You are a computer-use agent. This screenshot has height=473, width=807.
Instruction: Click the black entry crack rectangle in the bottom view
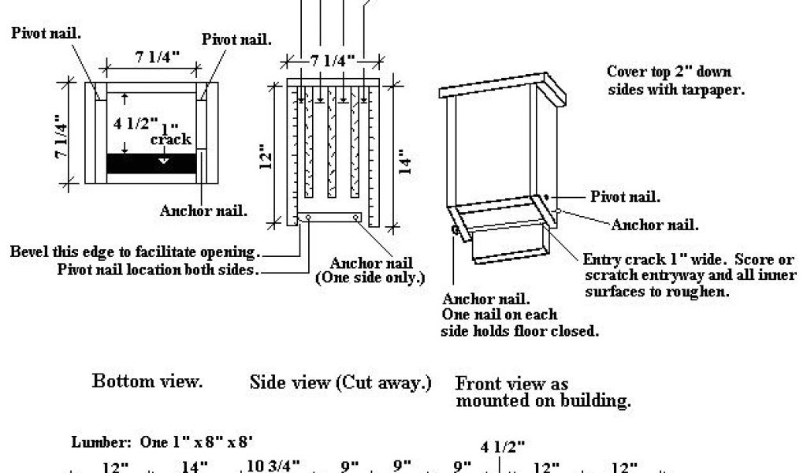151,163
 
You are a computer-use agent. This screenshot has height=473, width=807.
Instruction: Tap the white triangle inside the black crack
163,161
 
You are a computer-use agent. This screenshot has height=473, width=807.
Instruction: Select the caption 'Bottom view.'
147,382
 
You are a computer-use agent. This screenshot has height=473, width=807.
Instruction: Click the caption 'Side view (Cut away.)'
340,382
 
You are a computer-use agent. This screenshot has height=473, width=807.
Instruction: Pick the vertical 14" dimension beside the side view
406,162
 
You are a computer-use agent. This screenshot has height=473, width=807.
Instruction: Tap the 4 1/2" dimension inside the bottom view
136,124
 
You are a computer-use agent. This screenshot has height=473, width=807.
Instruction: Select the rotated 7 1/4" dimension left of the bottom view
61,137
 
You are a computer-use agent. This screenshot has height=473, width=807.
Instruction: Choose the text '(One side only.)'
370,278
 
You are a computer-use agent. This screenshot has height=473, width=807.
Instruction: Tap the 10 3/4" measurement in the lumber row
273,466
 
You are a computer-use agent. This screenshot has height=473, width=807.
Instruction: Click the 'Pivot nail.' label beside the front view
625,196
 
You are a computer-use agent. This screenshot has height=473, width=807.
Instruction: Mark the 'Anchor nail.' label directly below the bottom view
204,210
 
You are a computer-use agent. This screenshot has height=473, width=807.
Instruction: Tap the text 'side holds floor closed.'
520,331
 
